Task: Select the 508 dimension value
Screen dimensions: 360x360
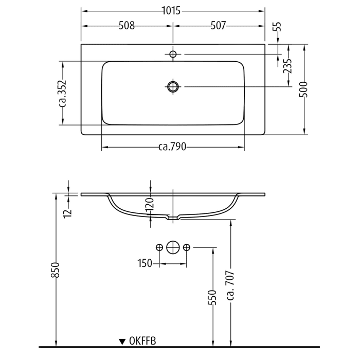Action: pos(127,26)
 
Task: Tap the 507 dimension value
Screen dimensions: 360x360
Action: pos(218,26)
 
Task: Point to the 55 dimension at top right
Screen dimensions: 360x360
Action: pos(278,28)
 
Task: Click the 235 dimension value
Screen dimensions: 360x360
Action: pos(288,66)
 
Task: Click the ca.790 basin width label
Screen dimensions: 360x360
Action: pos(172,148)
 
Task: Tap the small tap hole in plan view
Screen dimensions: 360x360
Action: pos(173,54)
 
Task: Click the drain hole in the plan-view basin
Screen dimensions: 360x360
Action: pos(173,86)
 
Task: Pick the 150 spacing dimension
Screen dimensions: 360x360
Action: pos(145,263)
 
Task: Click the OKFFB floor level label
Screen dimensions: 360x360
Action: pos(143,340)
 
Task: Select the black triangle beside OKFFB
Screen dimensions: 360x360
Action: pos(122,341)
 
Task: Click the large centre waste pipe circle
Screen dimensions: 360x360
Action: pos(173,248)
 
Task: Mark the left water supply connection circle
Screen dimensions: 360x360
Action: pos(159,248)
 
